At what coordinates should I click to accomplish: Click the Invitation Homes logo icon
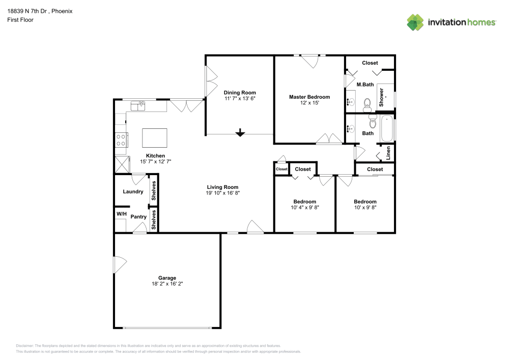coord(415,22)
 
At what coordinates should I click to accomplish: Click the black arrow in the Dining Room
coord(240,133)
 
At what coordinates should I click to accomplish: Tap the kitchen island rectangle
coord(155,137)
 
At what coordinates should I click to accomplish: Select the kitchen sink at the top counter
coord(138,106)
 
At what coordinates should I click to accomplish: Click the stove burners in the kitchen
coord(121,140)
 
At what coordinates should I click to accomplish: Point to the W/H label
coord(121,214)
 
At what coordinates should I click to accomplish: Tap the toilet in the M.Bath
coord(366,105)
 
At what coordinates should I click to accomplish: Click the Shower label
coord(381,97)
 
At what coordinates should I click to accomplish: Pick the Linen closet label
coord(388,153)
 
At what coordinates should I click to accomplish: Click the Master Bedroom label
coord(309,97)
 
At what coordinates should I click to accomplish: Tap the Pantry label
coord(138,217)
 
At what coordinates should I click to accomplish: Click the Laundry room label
coord(133,192)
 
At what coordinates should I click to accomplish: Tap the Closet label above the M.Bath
coord(370,63)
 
